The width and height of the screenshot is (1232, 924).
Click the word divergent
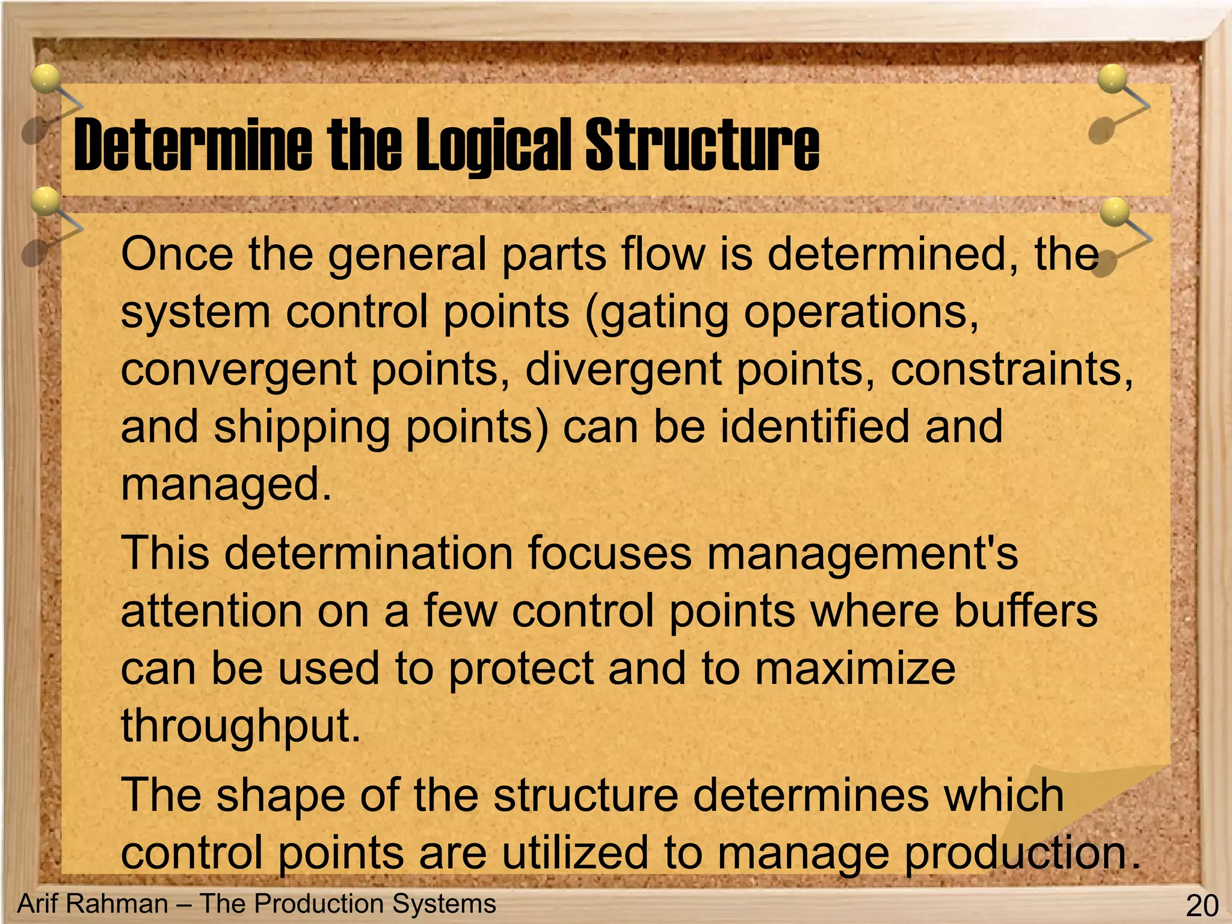coord(623,370)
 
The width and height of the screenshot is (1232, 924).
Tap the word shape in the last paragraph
coord(281,795)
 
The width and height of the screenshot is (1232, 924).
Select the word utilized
coord(575,852)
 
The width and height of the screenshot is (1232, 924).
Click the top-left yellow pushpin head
coord(46,79)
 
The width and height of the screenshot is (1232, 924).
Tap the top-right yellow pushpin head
coord(1112,79)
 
